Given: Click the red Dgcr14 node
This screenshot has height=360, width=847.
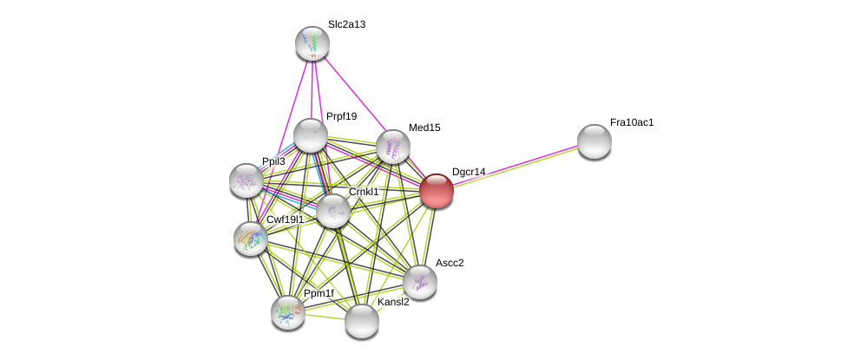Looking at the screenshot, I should tap(437, 191).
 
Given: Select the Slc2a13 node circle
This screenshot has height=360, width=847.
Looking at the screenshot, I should tap(312, 43).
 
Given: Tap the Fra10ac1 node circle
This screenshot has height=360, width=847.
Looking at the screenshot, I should tap(594, 141).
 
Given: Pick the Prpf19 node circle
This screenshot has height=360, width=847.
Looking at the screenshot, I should tap(311, 135).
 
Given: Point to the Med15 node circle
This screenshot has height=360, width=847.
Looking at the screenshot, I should tap(393, 147).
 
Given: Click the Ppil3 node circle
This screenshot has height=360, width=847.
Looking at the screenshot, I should tap(246, 180).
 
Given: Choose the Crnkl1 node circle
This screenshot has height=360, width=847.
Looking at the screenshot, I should tap(333, 211).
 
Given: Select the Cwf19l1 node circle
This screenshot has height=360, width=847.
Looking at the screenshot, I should tap(251, 239).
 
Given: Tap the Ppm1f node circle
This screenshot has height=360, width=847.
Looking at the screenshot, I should tap(288, 312).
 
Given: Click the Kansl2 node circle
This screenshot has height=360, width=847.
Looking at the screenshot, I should tap(362, 321).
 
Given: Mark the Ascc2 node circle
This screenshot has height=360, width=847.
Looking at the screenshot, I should tap(420, 282).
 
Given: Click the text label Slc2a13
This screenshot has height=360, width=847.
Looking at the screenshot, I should tap(346, 24).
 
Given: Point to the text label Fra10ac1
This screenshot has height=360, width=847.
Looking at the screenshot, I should tap(632, 122).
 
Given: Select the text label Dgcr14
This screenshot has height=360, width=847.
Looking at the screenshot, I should tap(469, 172).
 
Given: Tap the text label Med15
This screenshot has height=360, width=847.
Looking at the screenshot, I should tap(424, 128).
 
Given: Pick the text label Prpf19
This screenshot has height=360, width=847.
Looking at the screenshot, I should tap(341, 116).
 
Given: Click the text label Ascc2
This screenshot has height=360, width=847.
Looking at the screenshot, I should tap(450, 263).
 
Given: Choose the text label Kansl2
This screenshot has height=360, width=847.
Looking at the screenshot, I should tap(393, 302).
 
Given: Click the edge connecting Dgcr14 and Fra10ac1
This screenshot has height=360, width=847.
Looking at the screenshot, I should tap(515, 167).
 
